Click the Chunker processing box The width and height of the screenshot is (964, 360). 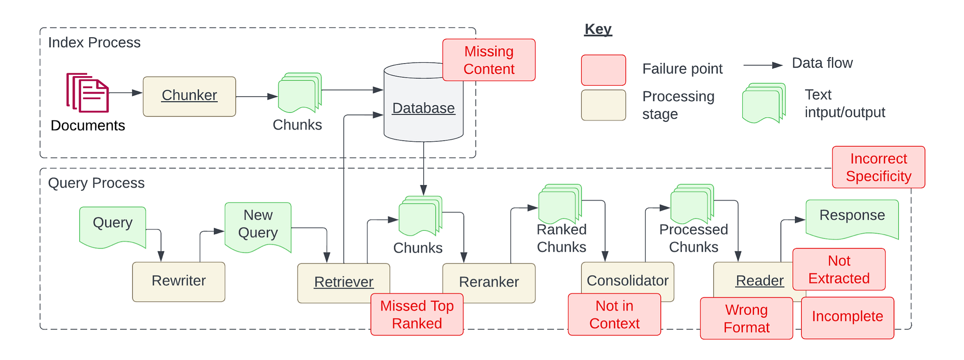coord(189,96)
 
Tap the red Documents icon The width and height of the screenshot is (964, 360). coord(88,93)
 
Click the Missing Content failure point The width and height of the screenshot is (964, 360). coord(489,60)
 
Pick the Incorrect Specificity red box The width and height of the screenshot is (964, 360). coord(878,167)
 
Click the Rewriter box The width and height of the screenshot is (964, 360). coord(178,281)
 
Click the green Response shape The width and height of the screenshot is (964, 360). coord(852,217)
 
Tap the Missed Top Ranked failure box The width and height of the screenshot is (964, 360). coord(417,314)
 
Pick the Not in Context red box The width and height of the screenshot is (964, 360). coord(614,314)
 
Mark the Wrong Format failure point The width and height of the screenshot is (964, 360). coord(746,318)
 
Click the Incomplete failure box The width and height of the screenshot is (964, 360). coord(847,317)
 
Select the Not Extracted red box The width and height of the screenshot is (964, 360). coord(839,269)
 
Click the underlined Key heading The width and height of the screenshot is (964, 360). coord(598,29)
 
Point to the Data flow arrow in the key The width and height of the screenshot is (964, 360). coord(763,65)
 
